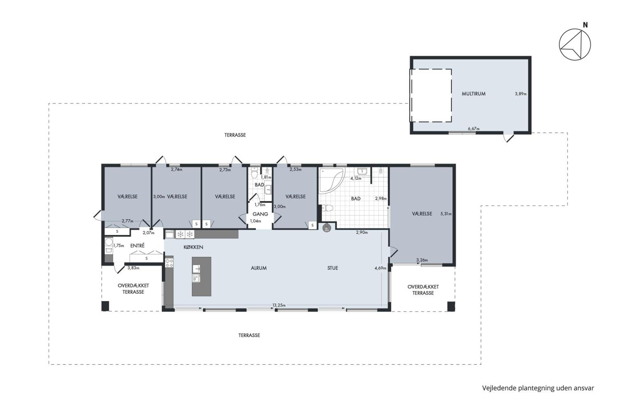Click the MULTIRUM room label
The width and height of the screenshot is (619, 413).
474,94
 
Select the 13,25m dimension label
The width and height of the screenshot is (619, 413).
279,305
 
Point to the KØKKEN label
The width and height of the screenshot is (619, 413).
194,247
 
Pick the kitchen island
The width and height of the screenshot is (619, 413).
201,277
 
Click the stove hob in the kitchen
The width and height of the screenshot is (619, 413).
169,263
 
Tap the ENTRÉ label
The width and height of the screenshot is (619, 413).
137,246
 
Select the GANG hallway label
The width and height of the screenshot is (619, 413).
260,214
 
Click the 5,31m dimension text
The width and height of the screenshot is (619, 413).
446,214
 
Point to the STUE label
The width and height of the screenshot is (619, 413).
332,268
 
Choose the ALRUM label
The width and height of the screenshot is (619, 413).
259,268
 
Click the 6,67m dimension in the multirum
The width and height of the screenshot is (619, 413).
474,129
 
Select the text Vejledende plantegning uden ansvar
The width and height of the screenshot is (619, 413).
538,388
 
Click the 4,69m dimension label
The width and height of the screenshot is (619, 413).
380,268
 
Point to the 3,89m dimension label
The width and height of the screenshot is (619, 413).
521,94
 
